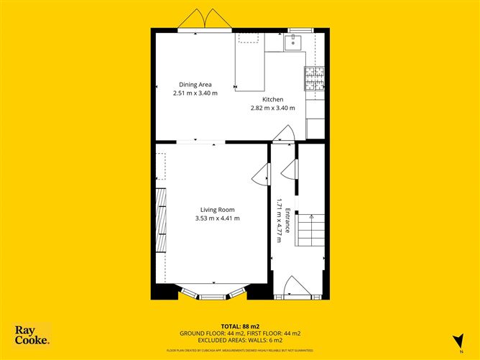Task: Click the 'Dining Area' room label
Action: [195, 85]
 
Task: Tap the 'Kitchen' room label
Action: [272, 99]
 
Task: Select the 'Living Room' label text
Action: [217, 210]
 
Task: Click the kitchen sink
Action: [294, 42]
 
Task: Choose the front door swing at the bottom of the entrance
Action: [295, 287]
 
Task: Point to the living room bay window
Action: [212, 293]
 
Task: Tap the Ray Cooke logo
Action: [32, 335]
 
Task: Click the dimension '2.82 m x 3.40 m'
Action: [272, 108]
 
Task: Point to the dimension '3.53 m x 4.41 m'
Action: [217, 218]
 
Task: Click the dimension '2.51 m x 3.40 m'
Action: [195, 93]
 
